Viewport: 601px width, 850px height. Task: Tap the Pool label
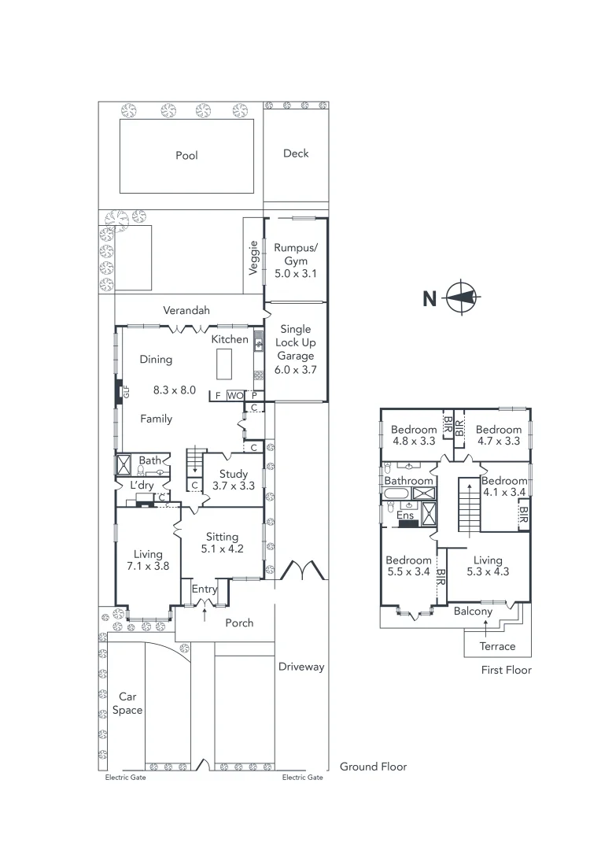coord(186,156)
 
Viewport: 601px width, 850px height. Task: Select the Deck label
coord(296,153)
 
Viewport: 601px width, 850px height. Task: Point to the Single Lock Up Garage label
coord(296,342)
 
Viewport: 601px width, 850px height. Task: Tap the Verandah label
coord(186,311)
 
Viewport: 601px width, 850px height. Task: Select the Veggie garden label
coord(253,257)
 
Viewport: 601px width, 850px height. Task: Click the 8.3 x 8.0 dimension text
coord(175,389)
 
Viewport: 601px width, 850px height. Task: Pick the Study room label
coord(234,475)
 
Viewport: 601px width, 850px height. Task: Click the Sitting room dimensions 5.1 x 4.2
coord(222,549)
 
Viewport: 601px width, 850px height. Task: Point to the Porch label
coord(239,623)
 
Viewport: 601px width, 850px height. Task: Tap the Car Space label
coord(127,704)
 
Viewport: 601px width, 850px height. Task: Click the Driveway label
coord(301,667)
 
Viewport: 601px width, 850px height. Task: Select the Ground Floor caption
coord(373,766)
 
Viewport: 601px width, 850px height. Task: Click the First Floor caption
coord(506,670)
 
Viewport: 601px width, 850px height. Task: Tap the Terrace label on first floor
coord(498,646)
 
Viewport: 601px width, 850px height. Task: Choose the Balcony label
coord(474,612)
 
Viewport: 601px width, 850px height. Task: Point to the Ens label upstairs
coord(405,516)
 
